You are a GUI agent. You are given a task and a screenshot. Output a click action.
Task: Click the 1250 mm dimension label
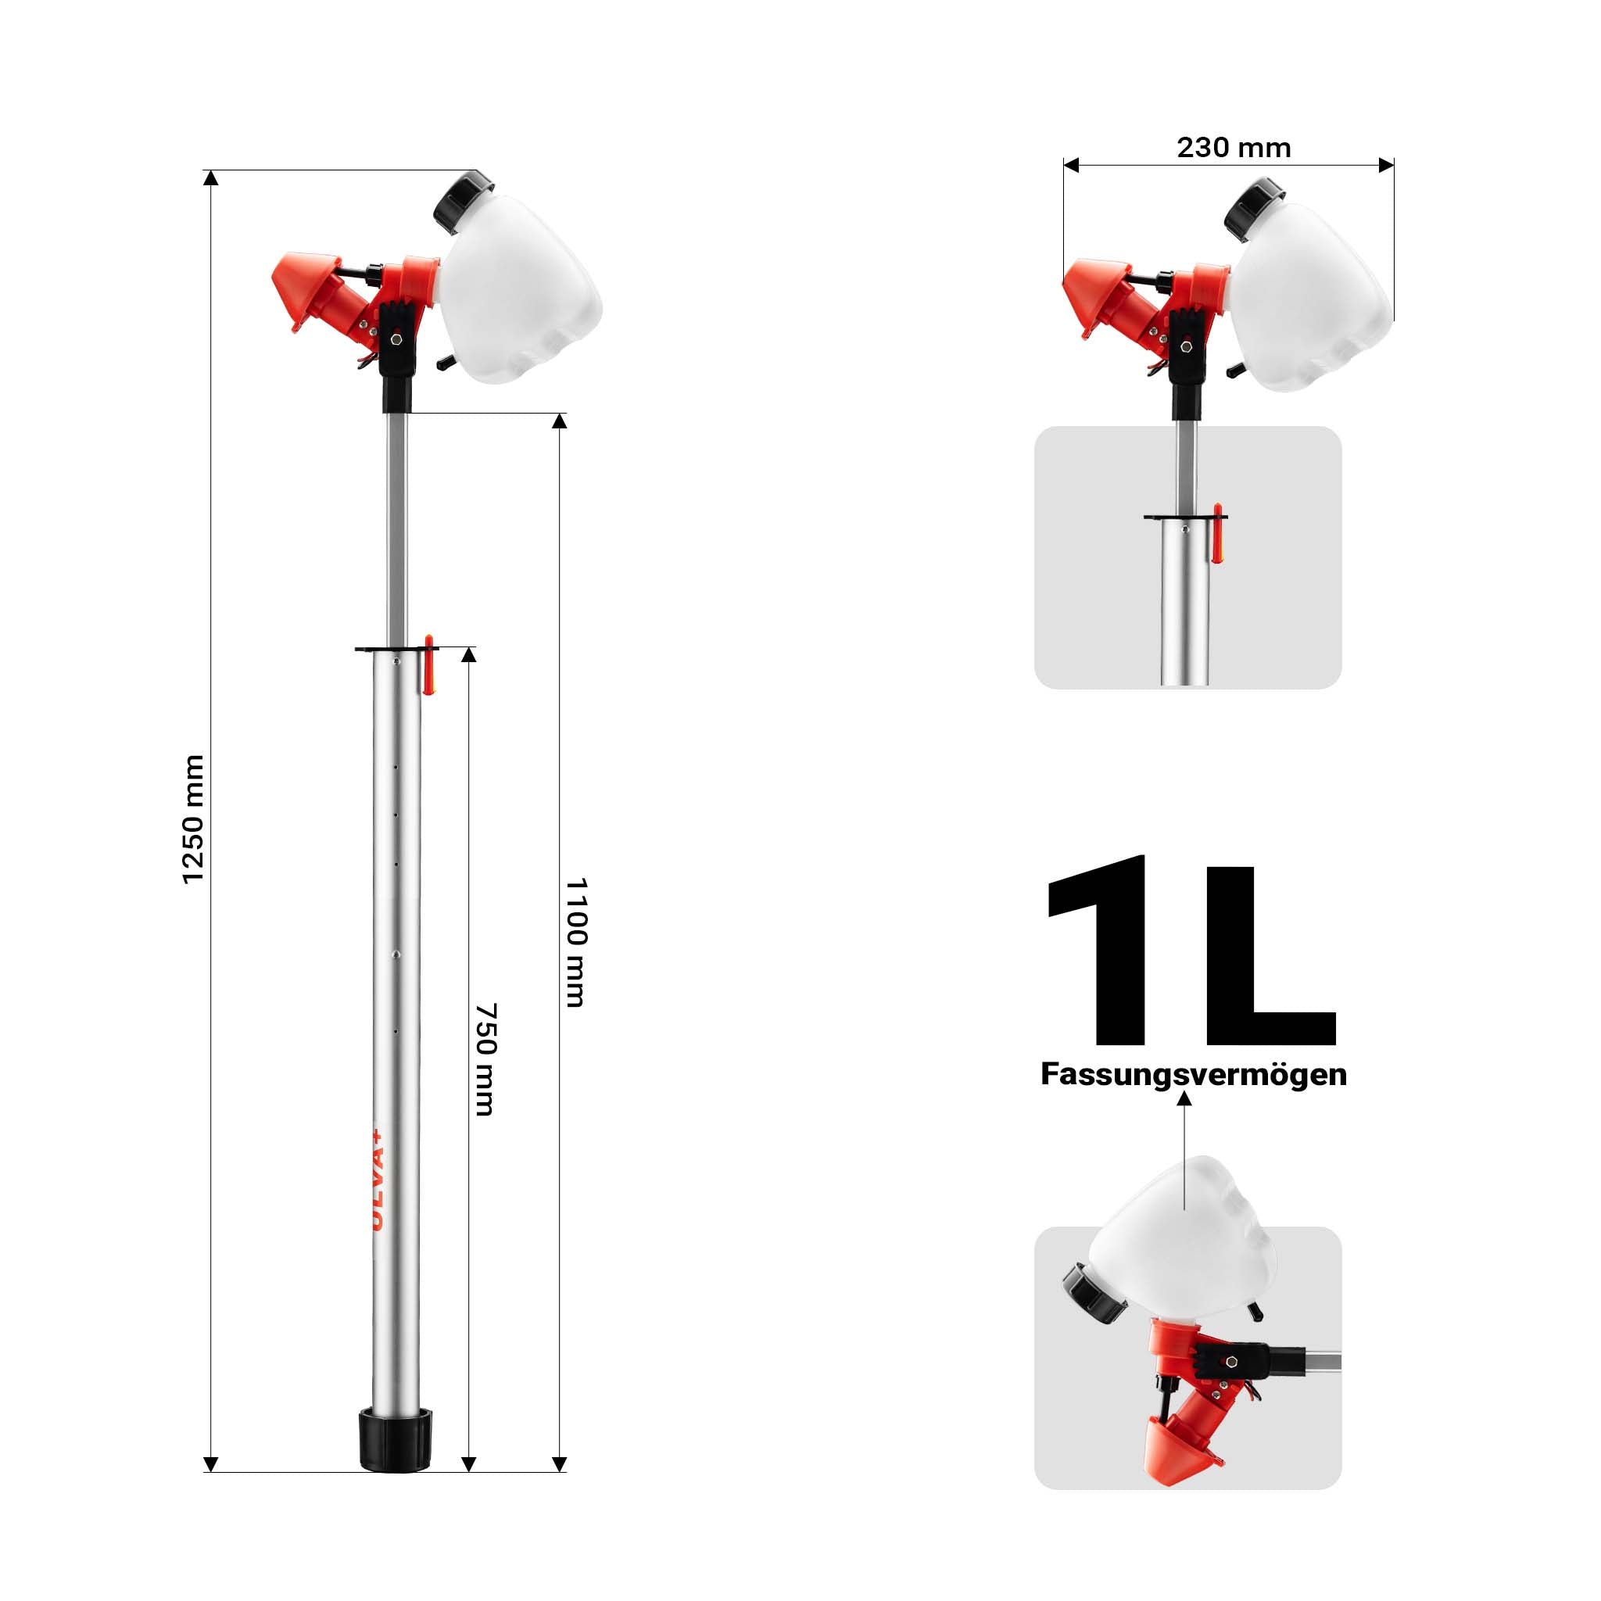(x=192, y=819)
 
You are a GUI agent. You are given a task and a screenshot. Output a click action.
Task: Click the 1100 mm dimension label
(x=576, y=942)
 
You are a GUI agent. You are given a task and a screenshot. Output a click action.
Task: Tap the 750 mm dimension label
(x=485, y=1059)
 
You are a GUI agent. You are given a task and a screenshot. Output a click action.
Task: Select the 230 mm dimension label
(x=1233, y=148)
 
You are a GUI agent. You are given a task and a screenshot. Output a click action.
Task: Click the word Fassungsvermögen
(x=1193, y=1074)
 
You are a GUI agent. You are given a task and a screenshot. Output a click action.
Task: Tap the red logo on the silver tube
(x=377, y=1177)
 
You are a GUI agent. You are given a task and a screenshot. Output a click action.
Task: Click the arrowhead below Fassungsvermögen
(x=1184, y=1099)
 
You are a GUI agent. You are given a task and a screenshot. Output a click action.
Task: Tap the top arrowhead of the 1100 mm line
(x=560, y=421)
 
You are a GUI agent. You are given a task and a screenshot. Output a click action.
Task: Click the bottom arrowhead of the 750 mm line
(x=468, y=1464)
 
